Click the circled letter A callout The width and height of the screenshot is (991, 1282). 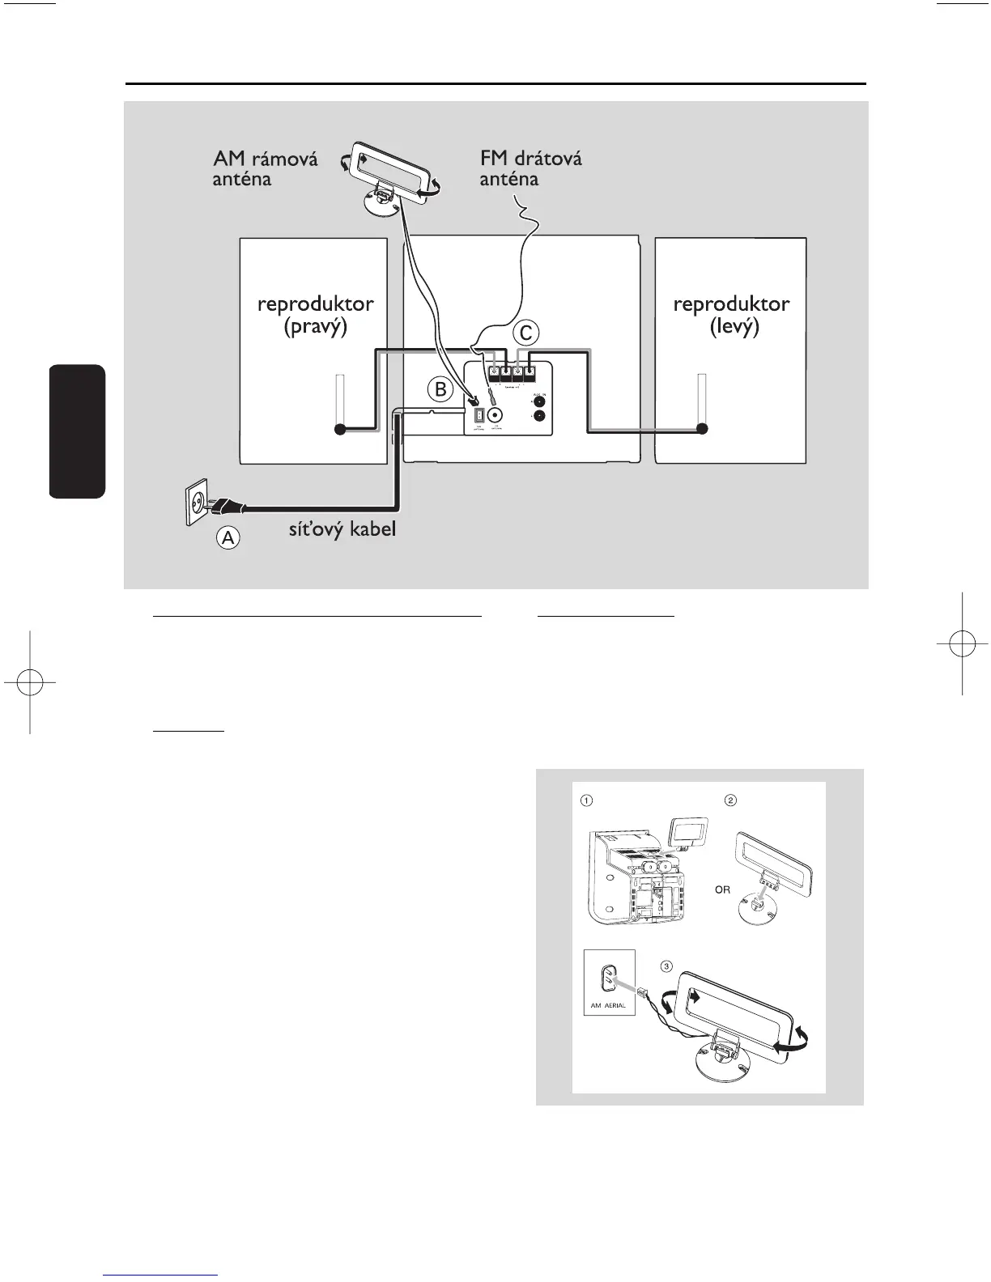229,538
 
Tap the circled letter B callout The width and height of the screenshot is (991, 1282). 440,389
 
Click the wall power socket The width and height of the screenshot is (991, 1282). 198,504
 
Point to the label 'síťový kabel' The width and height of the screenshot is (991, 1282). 342,531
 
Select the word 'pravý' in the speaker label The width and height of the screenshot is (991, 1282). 316,328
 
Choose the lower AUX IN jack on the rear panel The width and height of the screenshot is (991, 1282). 539,417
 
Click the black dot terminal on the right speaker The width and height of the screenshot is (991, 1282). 341,429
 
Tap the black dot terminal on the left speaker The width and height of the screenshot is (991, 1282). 702,429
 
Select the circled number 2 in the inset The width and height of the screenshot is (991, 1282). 730,800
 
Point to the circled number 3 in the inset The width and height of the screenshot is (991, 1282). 666,966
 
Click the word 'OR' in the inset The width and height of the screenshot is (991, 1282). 722,889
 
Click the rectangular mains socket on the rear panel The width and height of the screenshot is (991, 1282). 478,415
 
